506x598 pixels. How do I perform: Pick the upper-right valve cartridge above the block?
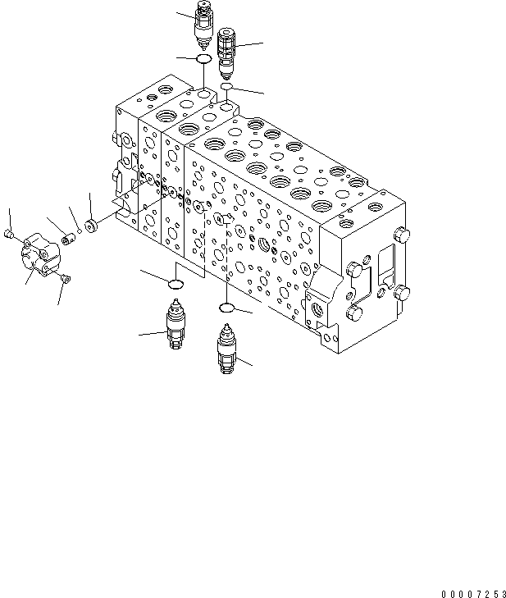(227, 49)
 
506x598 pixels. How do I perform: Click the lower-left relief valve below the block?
(176, 326)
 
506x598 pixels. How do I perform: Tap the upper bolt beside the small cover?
(11, 235)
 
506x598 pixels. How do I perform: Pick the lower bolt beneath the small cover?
(65, 282)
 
